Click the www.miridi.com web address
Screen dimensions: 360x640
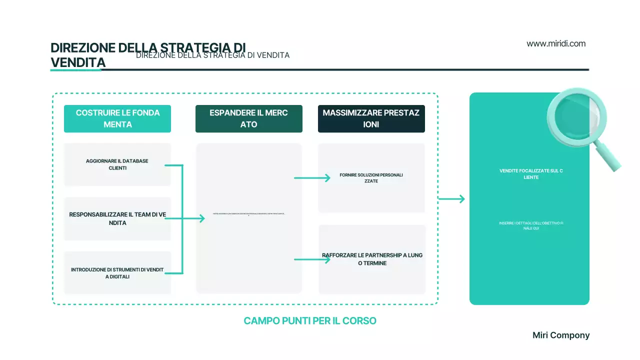pyautogui.click(x=556, y=43)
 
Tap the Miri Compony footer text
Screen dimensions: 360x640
pyautogui.click(x=561, y=335)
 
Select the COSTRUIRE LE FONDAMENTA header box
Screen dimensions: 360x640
pyautogui.click(x=117, y=118)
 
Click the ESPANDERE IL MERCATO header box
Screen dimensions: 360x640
pyautogui.click(x=249, y=118)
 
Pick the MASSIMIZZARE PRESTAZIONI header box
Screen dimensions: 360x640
pyautogui.click(x=371, y=118)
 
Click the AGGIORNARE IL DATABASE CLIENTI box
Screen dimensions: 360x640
pyautogui.click(x=117, y=164)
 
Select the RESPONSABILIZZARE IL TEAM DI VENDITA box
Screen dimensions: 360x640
pyautogui.click(x=117, y=218)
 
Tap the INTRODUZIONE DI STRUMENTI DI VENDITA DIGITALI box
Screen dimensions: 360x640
pyautogui.click(x=117, y=273)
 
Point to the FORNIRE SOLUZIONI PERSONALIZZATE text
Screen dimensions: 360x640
pyautogui.click(x=371, y=178)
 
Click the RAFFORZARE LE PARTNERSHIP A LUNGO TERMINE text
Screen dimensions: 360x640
pyautogui.click(x=372, y=259)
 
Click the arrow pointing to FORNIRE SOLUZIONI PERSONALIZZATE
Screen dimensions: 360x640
pyautogui.click(x=312, y=177)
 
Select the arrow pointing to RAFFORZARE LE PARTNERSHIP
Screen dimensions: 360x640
pyautogui.click(x=312, y=259)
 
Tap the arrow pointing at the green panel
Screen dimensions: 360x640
pyautogui.click(x=451, y=199)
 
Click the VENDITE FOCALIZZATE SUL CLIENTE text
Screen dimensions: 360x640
pyautogui.click(x=531, y=174)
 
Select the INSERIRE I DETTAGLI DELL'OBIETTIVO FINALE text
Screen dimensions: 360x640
pyautogui.click(x=531, y=225)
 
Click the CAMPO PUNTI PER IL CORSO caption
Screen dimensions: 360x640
pyautogui.click(x=310, y=321)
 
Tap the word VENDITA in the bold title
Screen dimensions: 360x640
pyautogui.click(x=78, y=62)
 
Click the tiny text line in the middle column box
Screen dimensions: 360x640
pyautogui.click(x=248, y=214)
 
